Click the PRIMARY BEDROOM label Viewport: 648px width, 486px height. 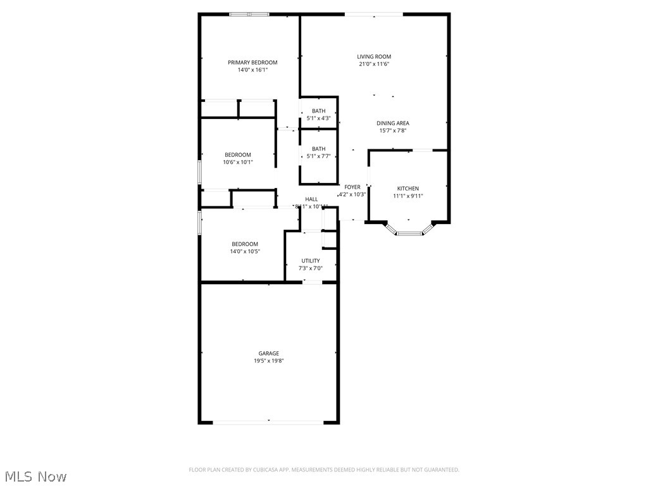[x=252, y=62]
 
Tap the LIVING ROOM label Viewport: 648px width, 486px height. [x=374, y=56]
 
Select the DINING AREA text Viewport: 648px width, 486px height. [x=392, y=123]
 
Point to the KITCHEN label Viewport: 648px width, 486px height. [x=408, y=189]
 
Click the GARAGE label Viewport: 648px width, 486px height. [x=268, y=353]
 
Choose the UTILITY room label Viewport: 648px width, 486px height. [x=310, y=261]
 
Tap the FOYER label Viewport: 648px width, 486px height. [x=352, y=187]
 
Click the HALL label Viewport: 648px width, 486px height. [x=311, y=199]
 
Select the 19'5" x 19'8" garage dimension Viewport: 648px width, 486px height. [x=268, y=361]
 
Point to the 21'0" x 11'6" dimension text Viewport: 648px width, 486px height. [x=374, y=64]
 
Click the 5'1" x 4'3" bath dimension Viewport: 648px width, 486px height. [x=318, y=118]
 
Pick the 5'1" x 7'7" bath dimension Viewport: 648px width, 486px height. [x=318, y=156]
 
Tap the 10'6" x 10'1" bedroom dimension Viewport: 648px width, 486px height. [x=238, y=162]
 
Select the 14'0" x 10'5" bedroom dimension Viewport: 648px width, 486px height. [x=244, y=251]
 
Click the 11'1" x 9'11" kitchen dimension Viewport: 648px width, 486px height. [x=408, y=196]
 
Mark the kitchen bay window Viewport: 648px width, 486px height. [x=408, y=233]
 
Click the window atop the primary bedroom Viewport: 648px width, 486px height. [x=249, y=14]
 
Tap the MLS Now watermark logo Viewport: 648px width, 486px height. [x=35, y=476]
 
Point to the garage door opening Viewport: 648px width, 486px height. [x=268, y=421]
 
